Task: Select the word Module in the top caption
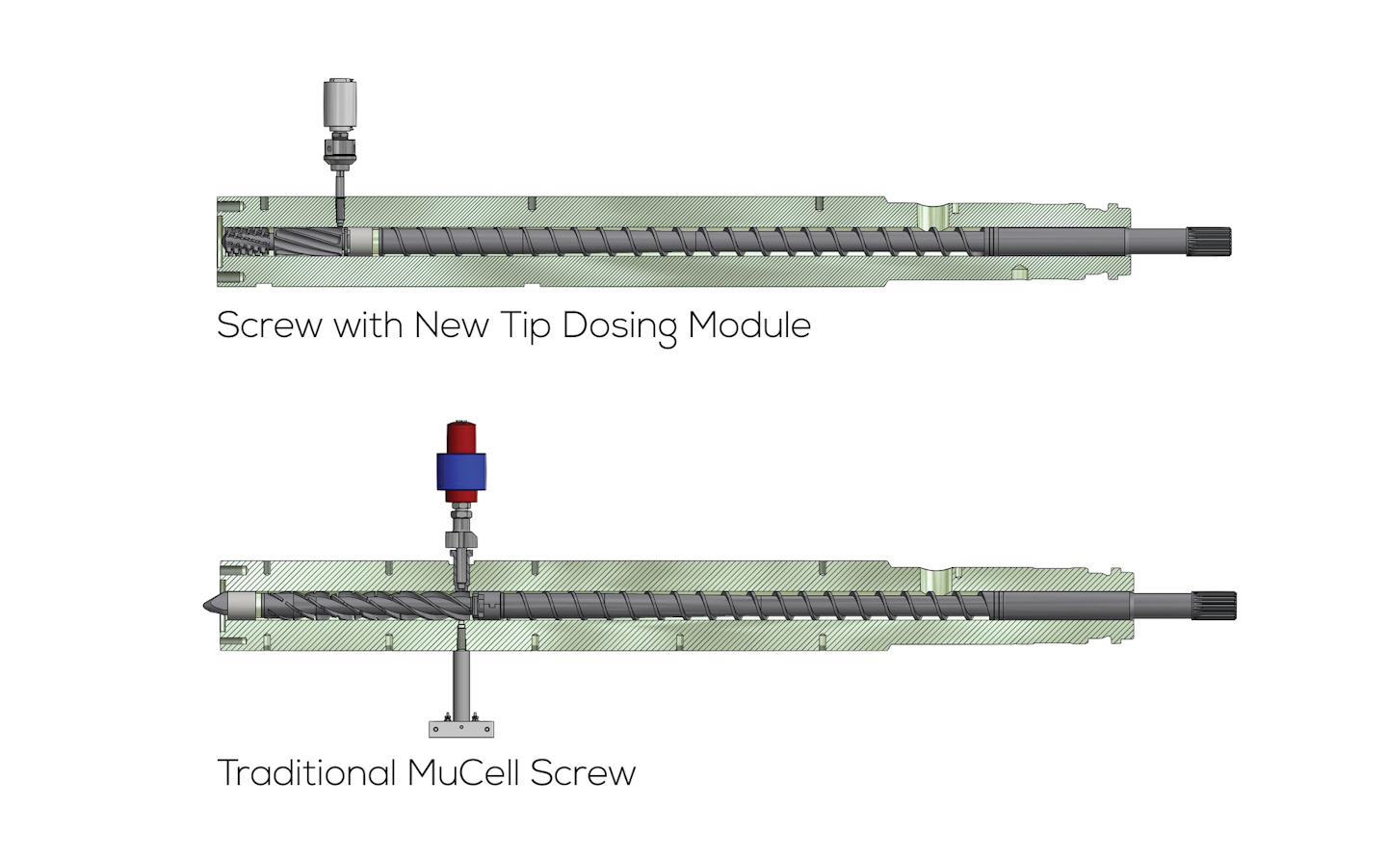749,325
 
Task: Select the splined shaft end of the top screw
1208,242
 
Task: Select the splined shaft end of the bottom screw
1213,605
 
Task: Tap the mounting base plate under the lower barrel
461,728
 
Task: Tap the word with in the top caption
368,325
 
